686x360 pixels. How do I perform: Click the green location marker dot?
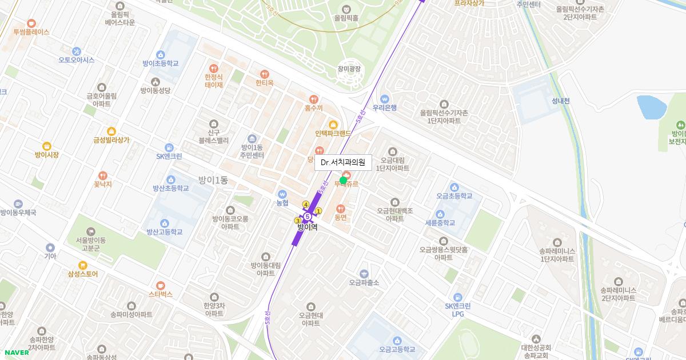[343, 181]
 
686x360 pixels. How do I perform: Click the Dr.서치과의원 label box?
[343, 162]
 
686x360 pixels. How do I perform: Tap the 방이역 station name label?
[307, 227]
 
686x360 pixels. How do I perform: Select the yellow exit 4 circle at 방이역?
[306, 205]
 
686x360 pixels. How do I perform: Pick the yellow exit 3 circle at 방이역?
[297, 221]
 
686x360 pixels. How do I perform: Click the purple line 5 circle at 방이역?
[308, 217]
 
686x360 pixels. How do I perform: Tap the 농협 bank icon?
[282, 194]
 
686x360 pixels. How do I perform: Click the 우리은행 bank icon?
[385, 98]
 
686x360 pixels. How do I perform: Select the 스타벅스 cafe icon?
[161, 285]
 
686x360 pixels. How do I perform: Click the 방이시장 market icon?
[47, 146]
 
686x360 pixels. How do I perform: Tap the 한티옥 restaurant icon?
[265, 74]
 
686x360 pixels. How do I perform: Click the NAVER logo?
[15, 353]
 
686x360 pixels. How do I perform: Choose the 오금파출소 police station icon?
[364, 274]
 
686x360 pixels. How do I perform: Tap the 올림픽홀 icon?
[346, 9]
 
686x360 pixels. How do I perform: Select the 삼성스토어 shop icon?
[83, 265]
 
